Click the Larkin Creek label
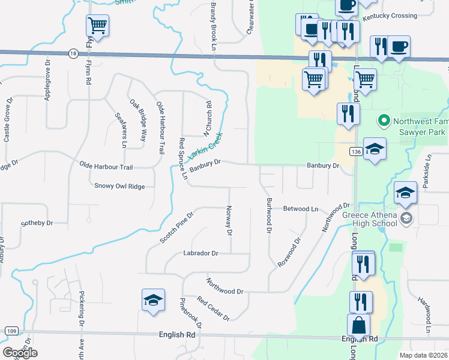click(x=205, y=146)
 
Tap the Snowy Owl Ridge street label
click(x=119, y=186)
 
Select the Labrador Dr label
click(x=200, y=253)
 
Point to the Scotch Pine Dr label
click(x=177, y=227)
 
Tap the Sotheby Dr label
click(x=37, y=223)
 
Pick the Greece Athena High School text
click(x=369, y=220)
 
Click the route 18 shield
click(x=73, y=53)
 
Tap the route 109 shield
click(x=11, y=331)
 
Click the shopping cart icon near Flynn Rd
click(x=97, y=25)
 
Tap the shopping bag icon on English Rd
click(x=358, y=325)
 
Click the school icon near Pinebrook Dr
click(x=153, y=299)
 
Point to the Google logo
click(x=20, y=353)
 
